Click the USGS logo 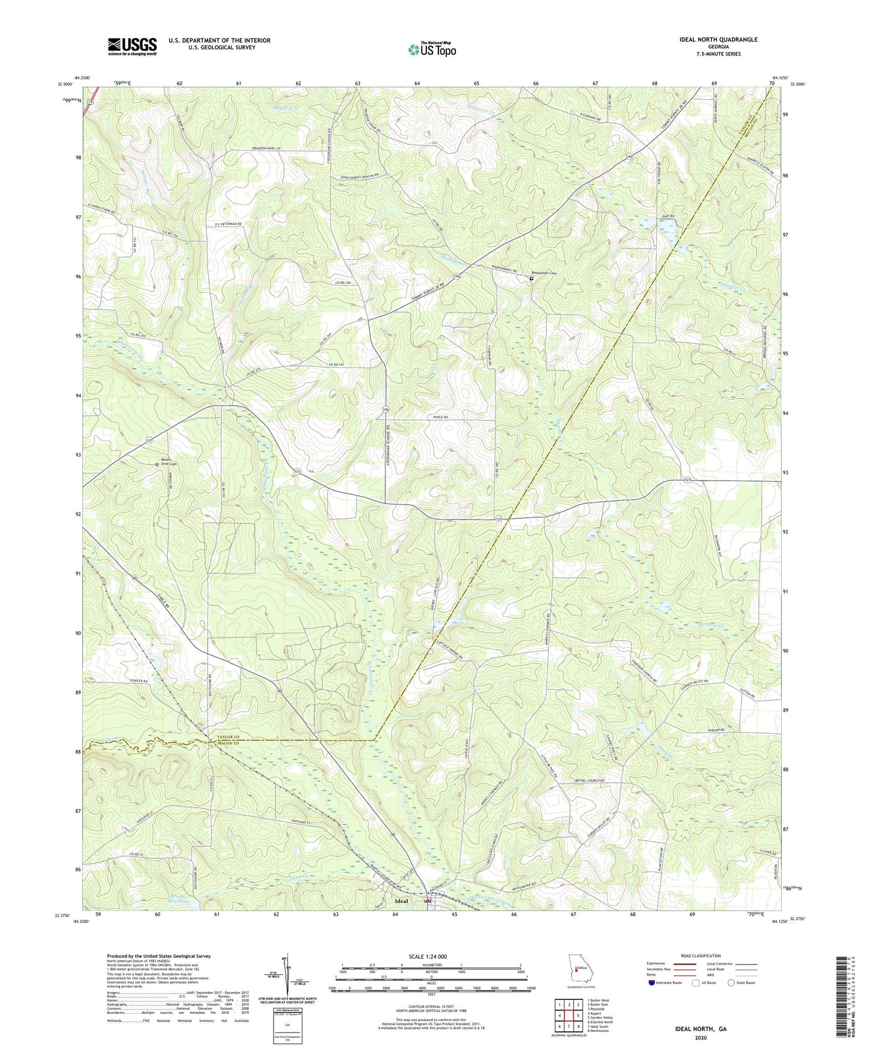point(132,46)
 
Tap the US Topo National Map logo point(432,49)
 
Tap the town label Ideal point(401,901)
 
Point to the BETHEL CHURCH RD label point(585,781)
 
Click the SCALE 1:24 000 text point(428,956)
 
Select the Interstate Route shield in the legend point(652,983)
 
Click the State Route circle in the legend point(731,983)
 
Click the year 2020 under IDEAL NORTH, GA point(701,1038)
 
